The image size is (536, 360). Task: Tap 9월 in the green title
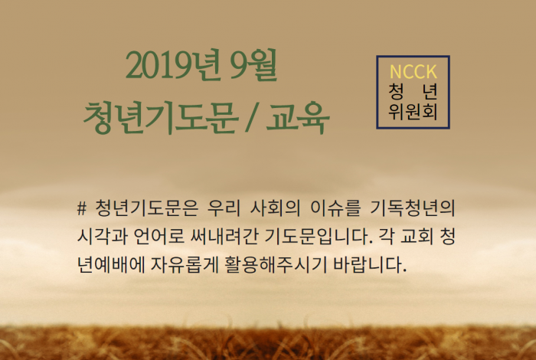[253, 65]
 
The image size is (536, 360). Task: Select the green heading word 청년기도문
[160, 118]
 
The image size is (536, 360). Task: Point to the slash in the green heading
[252, 118]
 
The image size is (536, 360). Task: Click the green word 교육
[298, 118]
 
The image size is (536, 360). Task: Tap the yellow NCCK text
[413, 71]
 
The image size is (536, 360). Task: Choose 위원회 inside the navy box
[413, 111]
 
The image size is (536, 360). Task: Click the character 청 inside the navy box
[396, 91]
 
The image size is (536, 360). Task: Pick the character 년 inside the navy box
[430, 91]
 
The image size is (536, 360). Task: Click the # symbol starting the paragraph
[82, 208]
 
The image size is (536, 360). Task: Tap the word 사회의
[276, 208]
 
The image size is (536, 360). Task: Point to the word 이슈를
[335, 208]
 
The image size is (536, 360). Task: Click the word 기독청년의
[413, 208]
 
